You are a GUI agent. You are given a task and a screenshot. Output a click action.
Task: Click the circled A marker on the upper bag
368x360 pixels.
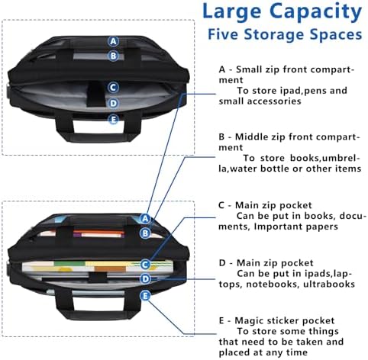[113, 41]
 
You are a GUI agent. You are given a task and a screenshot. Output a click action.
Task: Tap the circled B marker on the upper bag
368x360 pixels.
[113, 56]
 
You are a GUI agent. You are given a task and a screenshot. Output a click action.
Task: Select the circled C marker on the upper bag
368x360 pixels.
[113, 88]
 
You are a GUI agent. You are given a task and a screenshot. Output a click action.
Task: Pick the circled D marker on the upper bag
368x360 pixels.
[113, 104]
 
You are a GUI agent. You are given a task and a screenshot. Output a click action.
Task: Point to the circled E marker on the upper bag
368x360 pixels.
[113, 119]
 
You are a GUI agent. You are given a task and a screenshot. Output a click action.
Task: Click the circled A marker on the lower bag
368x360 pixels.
[145, 218]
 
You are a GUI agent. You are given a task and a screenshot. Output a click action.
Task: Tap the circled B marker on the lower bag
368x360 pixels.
[145, 233]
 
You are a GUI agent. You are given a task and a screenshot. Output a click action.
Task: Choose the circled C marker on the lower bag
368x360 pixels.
[145, 265]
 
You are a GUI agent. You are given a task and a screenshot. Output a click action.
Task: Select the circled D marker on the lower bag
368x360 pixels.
[145, 279]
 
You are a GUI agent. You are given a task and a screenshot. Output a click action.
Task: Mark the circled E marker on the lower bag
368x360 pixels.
[145, 296]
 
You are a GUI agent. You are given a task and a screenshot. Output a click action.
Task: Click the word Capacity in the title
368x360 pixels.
[315, 12]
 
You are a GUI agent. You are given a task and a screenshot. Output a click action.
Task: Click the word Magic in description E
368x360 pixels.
[249, 321]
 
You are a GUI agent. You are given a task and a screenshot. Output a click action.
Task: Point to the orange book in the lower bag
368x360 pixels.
[99, 232]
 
